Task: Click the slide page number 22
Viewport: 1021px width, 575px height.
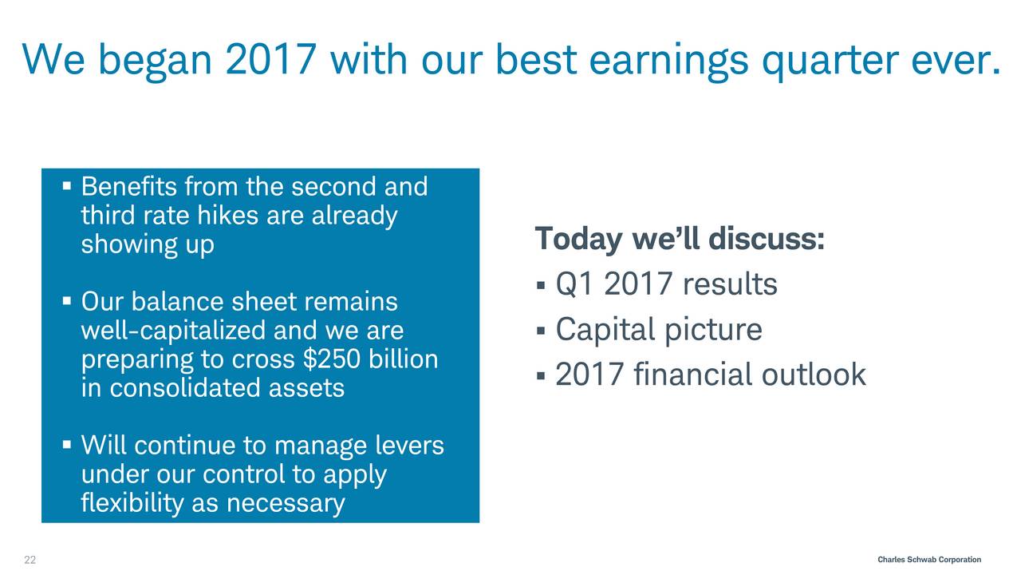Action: coord(30,560)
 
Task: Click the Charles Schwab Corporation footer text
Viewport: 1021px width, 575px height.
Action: coord(929,560)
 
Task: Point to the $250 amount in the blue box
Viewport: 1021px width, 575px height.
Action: coord(331,359)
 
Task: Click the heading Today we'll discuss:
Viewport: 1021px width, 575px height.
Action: coord(680,239)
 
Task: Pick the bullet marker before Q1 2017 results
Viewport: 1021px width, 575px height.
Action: coord(541,286)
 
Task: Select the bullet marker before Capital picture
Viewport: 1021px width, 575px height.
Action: coord(541,331)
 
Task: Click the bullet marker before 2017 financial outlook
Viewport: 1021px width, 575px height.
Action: coord(541,376)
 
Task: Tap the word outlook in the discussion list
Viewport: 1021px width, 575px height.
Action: coord(814,375)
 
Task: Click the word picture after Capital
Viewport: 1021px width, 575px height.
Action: coord(713,331)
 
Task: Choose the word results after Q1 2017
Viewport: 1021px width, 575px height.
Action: coord(730,284)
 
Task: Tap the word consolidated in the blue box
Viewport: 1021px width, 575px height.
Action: coord(185,388)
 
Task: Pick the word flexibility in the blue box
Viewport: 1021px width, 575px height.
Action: coord(132,503)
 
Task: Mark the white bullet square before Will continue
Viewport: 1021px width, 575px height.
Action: coord(67,445)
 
